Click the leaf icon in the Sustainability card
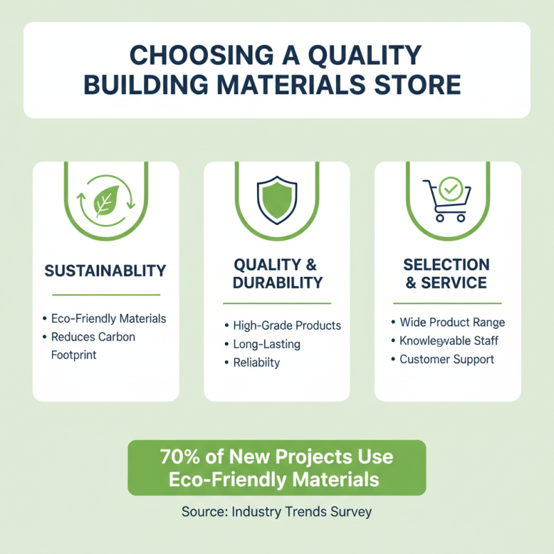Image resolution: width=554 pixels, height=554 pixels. [x=105, y=202]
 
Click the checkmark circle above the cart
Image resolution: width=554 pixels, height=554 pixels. [x=451, y=188]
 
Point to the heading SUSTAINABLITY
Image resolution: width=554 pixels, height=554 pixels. [x=105, y=269]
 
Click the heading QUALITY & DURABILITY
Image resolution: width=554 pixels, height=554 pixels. [x=277, y=274]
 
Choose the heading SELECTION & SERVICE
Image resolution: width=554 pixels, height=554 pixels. [x=447, y=274]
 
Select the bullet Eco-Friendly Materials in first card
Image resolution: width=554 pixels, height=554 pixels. [x=108, y=319]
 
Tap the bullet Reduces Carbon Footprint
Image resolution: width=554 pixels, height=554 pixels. [x=93, y=345]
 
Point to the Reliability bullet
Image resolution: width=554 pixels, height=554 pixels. [x=257, y=363]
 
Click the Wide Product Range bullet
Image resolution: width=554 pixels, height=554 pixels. [x=452, y=323]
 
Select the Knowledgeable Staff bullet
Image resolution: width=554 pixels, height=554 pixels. [x=449, y=341]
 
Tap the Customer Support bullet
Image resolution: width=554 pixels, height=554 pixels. [x=447, y=359]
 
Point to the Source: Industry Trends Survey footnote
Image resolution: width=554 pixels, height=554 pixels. [x=277, y=512]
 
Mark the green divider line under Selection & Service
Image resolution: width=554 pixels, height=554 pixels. [x=447, y=303]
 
